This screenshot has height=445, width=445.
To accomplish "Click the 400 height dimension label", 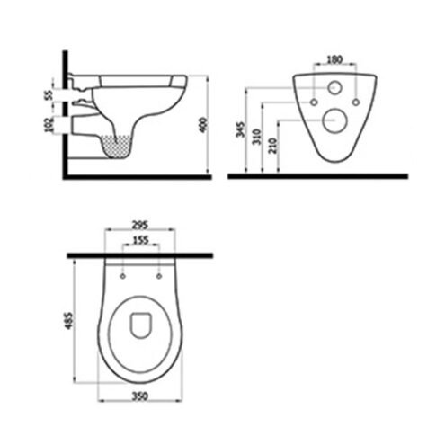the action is point(203,125).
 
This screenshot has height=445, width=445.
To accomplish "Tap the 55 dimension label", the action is point(49,94).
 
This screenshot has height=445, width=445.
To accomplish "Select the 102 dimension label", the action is point(49,125).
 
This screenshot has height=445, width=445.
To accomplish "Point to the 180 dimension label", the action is point(334,59).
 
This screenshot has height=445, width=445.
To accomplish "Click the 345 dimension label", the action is point(241,129).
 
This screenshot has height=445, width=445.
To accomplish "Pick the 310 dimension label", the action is point(257,137).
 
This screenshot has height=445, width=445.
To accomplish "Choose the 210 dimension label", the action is point(273,146).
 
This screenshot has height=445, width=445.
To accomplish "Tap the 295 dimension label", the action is point(139,225).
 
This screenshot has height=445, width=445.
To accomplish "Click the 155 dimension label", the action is point(140,240).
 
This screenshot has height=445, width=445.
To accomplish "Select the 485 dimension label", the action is point(69,321).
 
